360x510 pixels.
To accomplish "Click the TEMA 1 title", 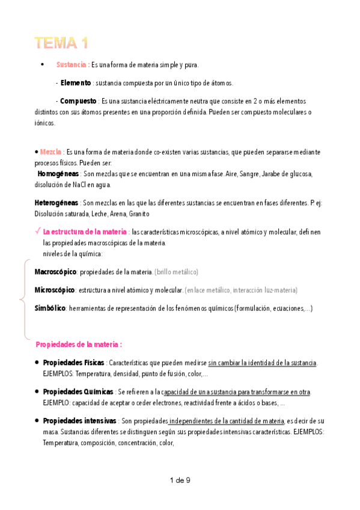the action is [61, 43].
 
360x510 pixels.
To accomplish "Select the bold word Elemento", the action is [76, 83].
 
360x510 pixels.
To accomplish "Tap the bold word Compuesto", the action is [78, 101].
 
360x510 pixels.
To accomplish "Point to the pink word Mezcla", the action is [51, 152].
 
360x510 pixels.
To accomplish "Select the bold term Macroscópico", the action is [56, 272].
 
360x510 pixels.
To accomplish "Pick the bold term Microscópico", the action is [55, 290].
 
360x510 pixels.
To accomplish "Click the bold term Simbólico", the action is [50, 309].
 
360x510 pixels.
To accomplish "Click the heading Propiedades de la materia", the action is [79, 345].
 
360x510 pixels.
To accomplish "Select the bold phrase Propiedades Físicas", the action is [74, 363].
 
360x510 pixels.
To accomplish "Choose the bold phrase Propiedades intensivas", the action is [79, 421].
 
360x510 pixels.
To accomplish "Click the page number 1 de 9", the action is [180, 480].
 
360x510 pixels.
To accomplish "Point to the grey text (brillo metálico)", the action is [176, 272].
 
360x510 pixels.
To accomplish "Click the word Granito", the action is [138, 214].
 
